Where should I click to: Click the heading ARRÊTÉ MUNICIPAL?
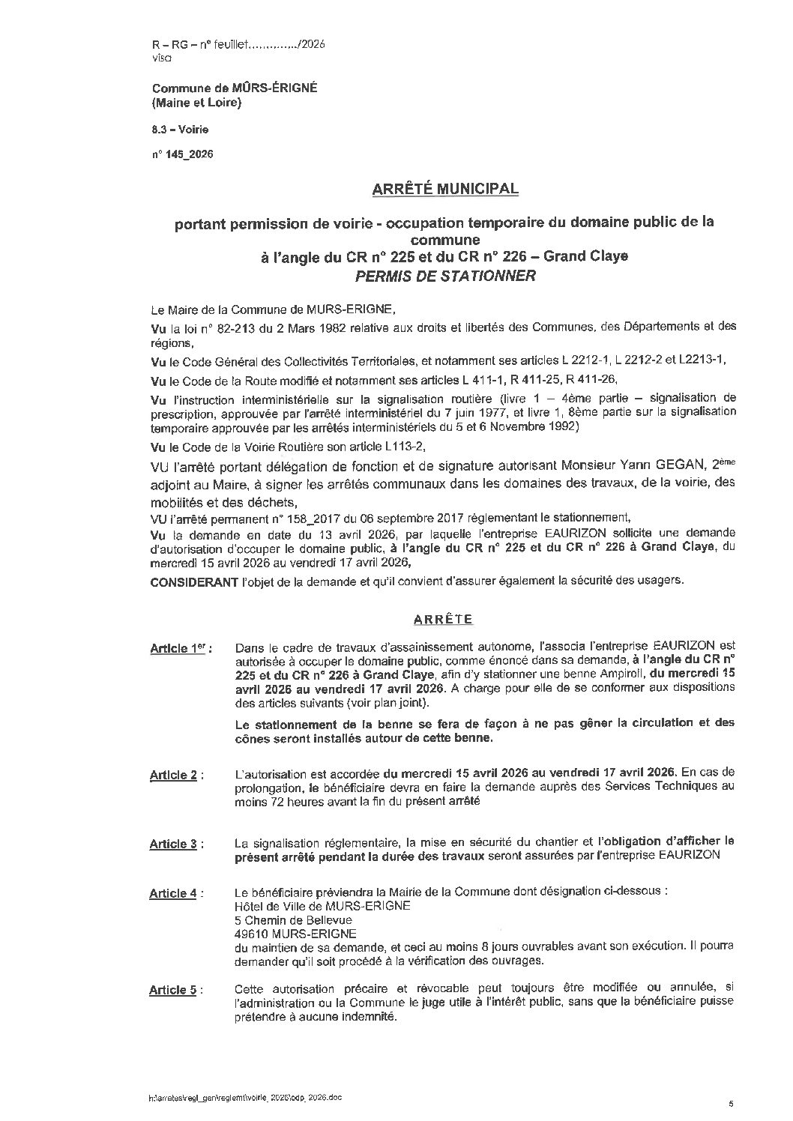(444, 189)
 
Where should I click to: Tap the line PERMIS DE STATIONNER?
(444, 275)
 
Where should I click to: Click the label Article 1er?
(180, 648)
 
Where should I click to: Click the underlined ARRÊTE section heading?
(444, 619)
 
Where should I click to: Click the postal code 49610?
(251, 934)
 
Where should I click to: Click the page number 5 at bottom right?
(731, 1103)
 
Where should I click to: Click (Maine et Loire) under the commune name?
(196, 103)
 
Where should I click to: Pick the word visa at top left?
(160, 58)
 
